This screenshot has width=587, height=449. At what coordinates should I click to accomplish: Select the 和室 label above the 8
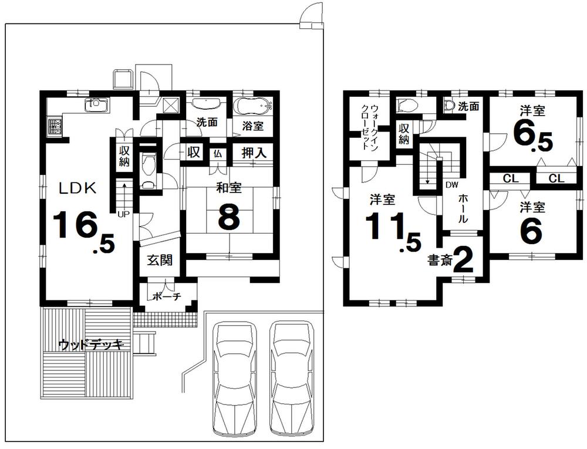(227, 189)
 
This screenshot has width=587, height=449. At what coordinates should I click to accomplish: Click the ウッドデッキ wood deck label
(90, 345)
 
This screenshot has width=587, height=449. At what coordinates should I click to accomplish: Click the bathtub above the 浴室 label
(253, 106)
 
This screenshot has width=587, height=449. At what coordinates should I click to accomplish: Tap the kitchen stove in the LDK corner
(55, 126)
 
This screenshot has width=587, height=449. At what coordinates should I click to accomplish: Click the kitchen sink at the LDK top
(94, 105)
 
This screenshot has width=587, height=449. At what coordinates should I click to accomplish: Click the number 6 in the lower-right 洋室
(531, 231)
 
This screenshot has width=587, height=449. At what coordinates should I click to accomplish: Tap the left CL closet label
(510, 178)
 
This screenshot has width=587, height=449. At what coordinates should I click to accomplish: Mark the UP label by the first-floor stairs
(123, 214)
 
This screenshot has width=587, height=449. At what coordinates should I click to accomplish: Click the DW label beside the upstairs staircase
(451, 185)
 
